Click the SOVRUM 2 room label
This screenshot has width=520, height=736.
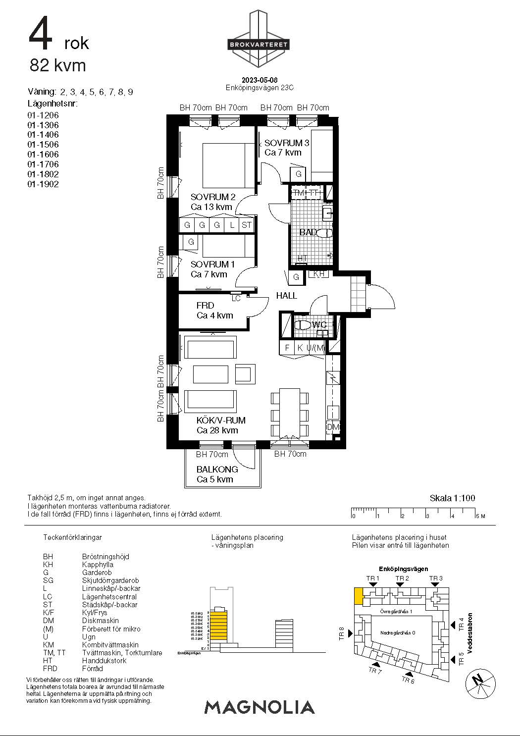pos(213,197)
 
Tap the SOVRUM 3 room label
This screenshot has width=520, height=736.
pos(286,143)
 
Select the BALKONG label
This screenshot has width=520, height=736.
pos(217,469)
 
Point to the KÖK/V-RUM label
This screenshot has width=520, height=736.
pos(221,421)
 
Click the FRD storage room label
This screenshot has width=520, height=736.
pos(205,306)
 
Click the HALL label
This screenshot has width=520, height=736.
pos(286,296)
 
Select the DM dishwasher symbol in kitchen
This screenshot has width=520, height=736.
pos(333,427)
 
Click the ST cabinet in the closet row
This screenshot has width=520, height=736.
pos(246,225)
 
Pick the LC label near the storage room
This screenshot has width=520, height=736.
pos(236,298)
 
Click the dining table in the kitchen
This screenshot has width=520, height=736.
pos(290,413)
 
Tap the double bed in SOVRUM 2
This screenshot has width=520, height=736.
pos(223,163)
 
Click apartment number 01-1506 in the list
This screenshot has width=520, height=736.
pos(43,145)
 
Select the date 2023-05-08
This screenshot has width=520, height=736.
pos(260,80)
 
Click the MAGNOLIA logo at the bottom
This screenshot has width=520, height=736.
pos(260,707)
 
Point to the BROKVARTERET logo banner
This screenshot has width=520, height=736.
pos(258,45)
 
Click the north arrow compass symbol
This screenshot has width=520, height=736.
pos(480,682)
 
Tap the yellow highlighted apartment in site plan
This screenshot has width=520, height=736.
pos(359,596)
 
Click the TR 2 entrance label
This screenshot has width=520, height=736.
pos(402,578)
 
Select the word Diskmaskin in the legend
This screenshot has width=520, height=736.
pos(101,621)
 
